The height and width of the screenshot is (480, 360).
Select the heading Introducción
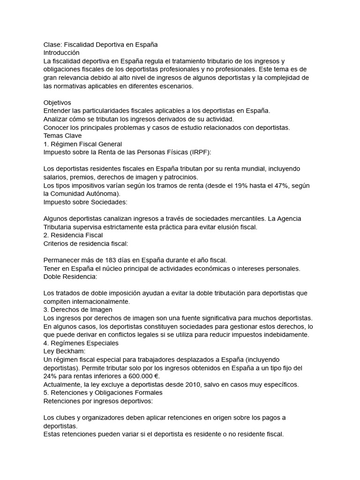61,52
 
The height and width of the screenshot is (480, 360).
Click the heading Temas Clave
62,136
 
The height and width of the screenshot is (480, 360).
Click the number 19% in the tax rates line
263,186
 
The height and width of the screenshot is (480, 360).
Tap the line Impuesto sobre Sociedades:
85,202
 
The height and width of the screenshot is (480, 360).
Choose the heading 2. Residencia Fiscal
73,235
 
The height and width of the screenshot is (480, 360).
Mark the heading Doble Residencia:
70,277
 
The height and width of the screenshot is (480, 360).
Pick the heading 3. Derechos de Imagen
78,310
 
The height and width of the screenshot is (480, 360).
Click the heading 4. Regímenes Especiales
81,343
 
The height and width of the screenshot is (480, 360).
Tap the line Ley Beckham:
63,352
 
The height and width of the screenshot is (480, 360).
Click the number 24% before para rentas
51,376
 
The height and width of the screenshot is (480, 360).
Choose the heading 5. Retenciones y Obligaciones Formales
103,393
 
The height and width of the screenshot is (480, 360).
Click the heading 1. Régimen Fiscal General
82,144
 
